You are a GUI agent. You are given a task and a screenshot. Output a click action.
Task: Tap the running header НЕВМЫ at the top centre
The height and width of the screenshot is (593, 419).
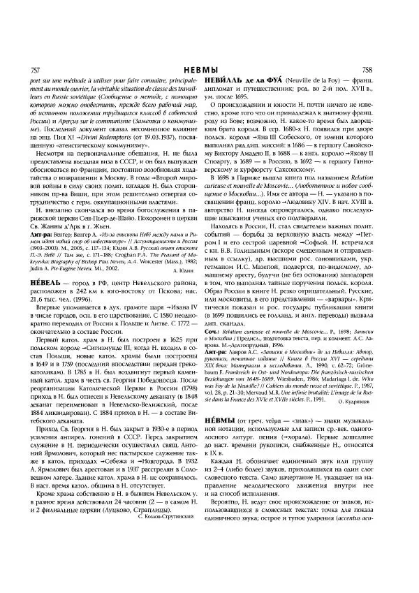point(209,71)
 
